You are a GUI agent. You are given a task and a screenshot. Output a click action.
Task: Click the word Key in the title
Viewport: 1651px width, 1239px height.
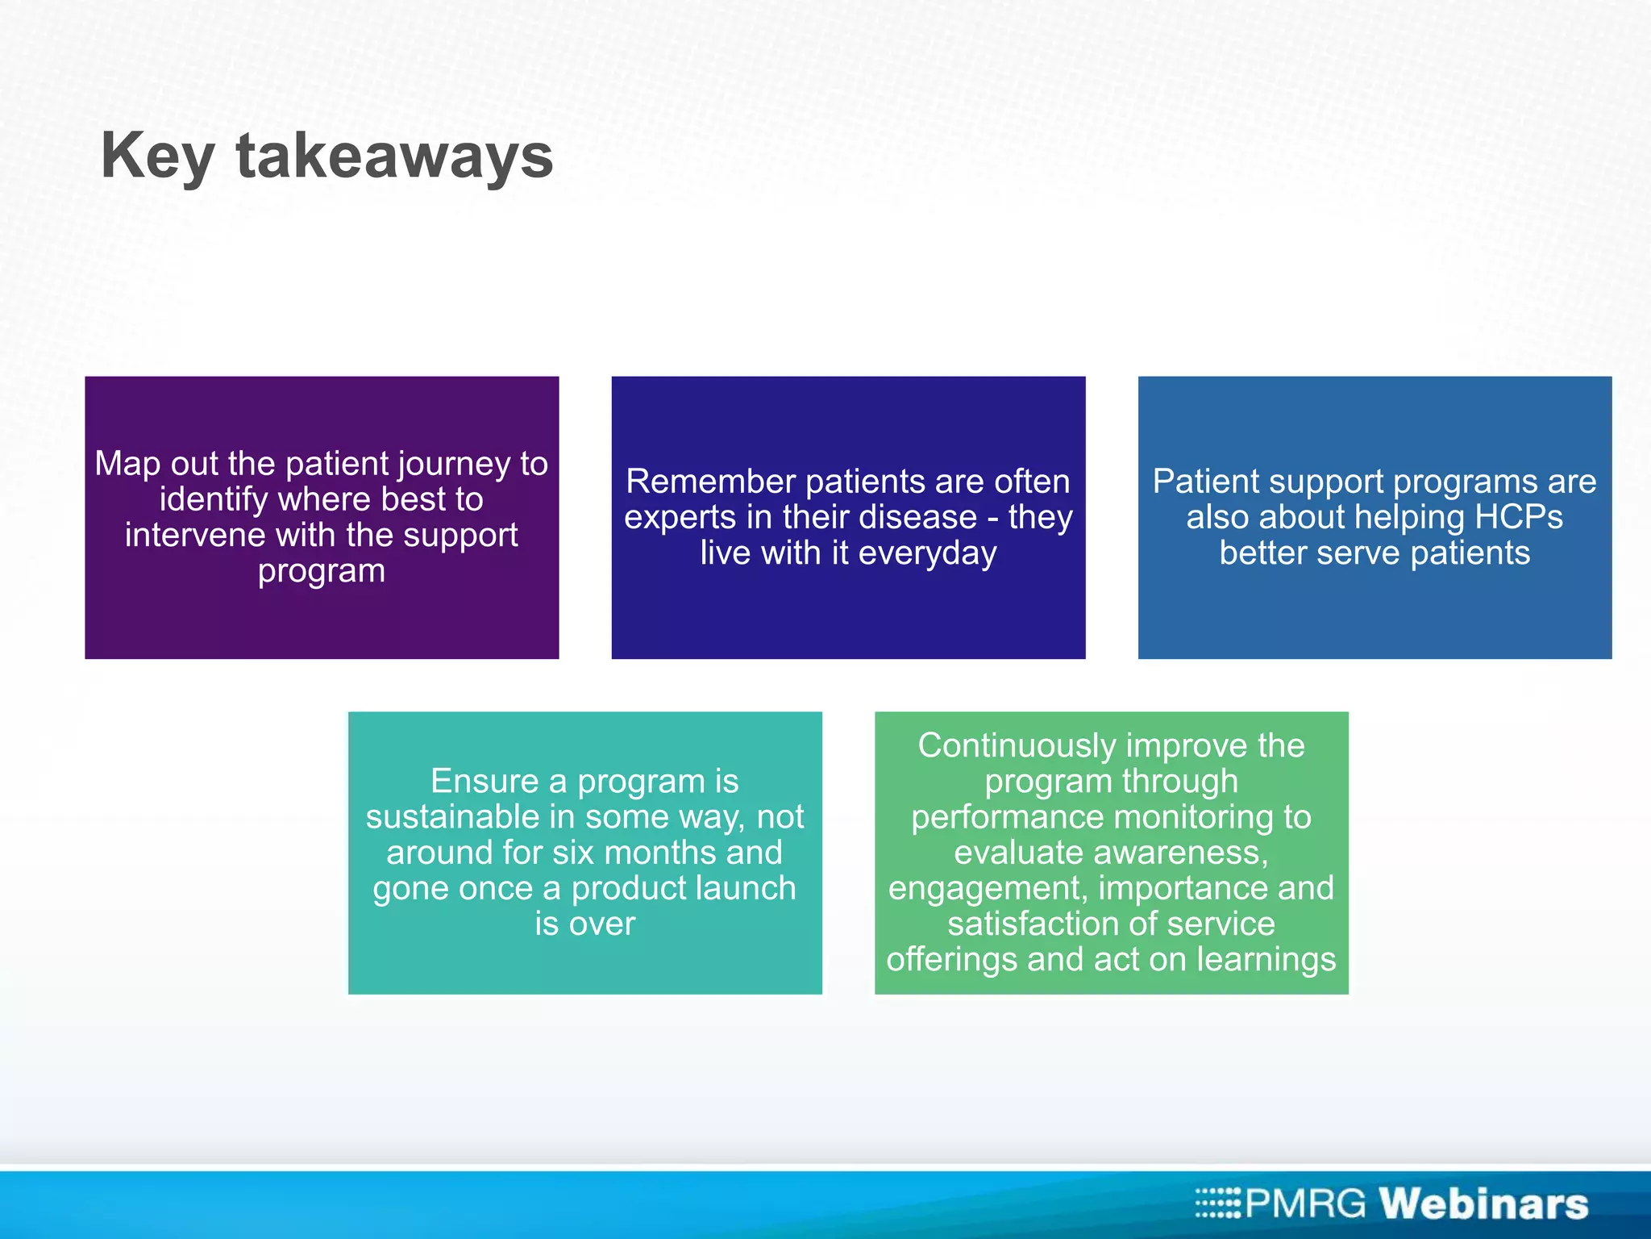[x=156, y=156]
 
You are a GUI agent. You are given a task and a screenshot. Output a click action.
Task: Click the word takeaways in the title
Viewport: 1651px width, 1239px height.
[x=394, y=156]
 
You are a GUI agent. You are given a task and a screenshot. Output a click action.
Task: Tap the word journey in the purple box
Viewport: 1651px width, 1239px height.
[x=453, y=465]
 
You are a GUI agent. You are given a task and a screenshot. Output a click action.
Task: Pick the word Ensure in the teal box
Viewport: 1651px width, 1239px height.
[x=484, y=782]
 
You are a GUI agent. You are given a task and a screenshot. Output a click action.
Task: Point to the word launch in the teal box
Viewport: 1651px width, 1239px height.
[x=745, y=889]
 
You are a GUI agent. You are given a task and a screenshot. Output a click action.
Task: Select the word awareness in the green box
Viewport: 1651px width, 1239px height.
[x=1110, y=853]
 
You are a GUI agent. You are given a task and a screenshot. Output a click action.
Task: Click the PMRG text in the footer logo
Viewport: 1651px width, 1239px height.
[x=1306, y=1204]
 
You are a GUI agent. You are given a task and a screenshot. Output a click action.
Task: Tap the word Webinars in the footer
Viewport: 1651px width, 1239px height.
[x=1483, y=1204]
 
